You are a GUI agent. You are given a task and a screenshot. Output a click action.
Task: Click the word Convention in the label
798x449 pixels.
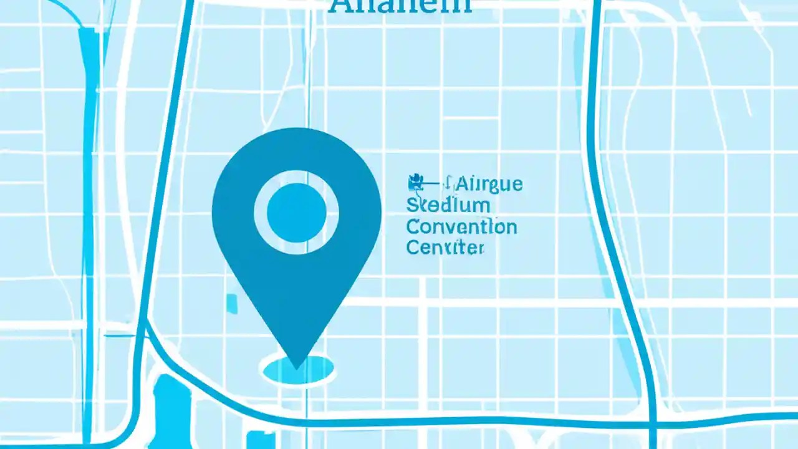pos(461,226)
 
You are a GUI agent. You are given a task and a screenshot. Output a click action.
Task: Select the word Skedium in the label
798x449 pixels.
pos(448,205)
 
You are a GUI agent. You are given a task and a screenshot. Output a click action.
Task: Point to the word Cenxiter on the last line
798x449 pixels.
pos(445,248)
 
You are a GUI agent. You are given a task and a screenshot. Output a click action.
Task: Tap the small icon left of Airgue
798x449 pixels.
pos(414,183)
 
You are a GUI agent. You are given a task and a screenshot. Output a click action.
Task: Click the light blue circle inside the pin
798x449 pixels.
pos(297,213)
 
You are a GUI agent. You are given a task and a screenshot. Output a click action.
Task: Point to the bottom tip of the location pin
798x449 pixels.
pos(297,365)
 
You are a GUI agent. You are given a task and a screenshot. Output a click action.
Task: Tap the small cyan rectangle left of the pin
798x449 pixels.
pos(232,303)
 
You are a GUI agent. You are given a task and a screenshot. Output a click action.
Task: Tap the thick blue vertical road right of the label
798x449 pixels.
pos(598,187)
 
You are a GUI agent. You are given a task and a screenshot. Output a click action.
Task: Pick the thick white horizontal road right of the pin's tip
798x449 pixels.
pos(499,302)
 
